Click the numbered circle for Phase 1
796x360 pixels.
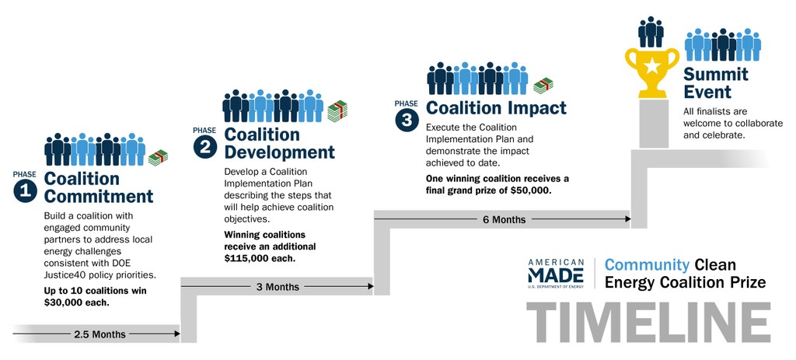coord(26,191)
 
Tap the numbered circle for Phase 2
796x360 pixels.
coord(205,147)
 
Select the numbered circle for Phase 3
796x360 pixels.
coord(407,120)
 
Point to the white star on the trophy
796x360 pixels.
coord(652,65)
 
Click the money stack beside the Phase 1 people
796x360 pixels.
coord(158,158)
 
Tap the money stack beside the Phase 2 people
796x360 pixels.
coord(337,111)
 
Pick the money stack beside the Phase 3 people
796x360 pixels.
coord(543,86)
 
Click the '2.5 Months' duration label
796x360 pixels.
coord(100,334)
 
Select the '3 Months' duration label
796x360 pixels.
coord(278,287)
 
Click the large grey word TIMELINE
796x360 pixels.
coord(648,323)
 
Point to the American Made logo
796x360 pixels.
coord(556,273)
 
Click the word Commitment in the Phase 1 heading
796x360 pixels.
coord(99,196)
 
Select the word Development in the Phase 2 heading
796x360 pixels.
coord(280,152)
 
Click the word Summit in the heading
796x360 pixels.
coord(716,74)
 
